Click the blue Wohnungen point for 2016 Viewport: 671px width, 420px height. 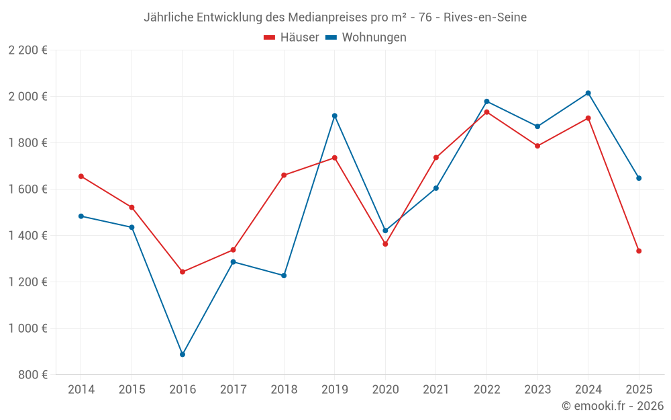(x=183, y=354)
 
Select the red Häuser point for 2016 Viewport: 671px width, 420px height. (x=183, y=272)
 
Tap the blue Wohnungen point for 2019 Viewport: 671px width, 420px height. (x=335, y=116)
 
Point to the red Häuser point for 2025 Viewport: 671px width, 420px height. (x=639, y=251)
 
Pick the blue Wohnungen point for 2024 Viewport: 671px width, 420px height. (x=588, y=93)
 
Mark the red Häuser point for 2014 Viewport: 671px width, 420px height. (x=81, y=176)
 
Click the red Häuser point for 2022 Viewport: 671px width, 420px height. (x=486, y=112)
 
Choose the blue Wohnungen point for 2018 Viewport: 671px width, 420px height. (x=284, y=276)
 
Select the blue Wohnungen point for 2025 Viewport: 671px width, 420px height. (x=639, y=178)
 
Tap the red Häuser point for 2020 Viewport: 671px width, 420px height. (x=385, y=244)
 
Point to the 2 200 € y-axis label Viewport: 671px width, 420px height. (x=28, y=50)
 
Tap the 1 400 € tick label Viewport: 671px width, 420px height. (x=28, y=236)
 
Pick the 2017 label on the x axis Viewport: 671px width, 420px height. (x=233, y=390)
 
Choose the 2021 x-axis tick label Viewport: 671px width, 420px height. (x=436, y=390)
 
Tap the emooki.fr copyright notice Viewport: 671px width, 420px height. (x=612, y=406)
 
